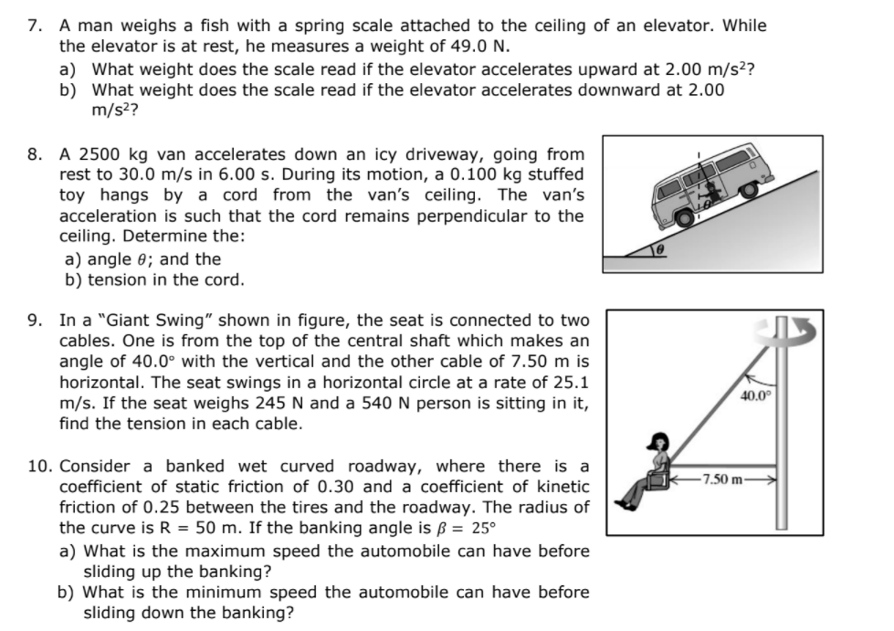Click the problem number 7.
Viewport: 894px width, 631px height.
(x=35, y=26)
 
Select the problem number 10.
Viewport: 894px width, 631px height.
(x=38, y=467)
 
